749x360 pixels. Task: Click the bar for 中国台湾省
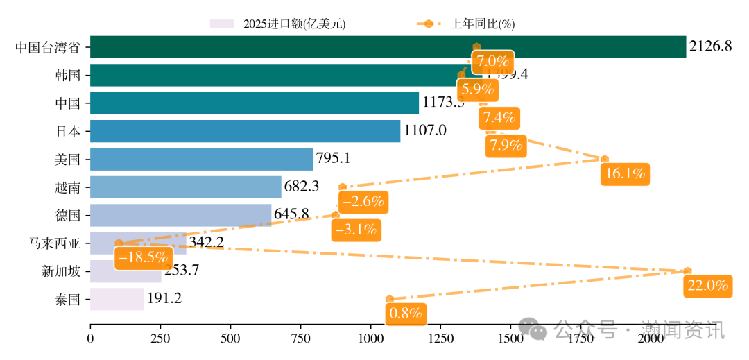(x=388, y=47)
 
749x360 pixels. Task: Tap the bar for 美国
(x=201, y=159)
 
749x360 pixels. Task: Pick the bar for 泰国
(x=117, y=299)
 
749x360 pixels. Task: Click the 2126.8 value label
(x=710, y=46)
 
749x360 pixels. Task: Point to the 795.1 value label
(x=333, y=158)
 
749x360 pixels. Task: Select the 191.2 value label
(x=164, y=298)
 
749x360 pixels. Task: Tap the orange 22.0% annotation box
(x=707, y=285)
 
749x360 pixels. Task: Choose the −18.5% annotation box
(x=144, y=257)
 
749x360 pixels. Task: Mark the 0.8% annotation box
(x=406, y=313)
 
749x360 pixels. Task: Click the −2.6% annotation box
(x=363, y=202)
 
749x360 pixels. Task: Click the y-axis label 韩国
(x=68, y=75)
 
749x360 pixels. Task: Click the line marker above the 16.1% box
(x=605, y=159)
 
